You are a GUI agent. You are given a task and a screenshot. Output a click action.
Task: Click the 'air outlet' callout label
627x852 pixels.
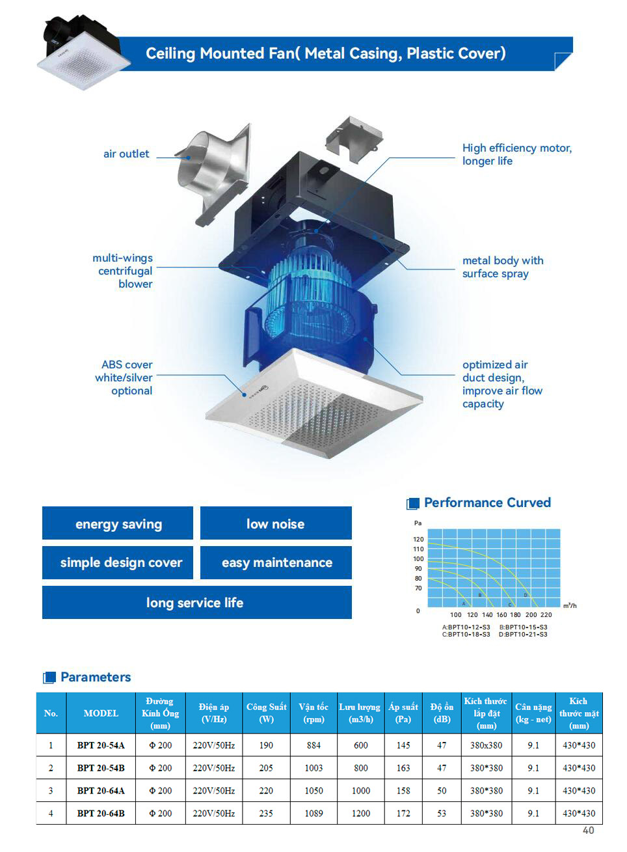click(126, 154)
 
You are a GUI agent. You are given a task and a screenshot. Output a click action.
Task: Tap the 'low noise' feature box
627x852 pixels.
click(275, 524)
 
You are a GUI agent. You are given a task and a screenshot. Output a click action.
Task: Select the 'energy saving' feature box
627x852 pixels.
click(118, 524)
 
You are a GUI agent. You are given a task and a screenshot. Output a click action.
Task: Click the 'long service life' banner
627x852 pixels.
click(196, 603)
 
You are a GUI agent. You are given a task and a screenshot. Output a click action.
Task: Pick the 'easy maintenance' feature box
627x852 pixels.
click(276, 562)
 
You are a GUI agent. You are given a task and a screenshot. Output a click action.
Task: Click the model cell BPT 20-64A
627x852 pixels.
click(101, 791)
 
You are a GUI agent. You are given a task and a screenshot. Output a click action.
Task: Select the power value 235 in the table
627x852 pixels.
click(266, 814)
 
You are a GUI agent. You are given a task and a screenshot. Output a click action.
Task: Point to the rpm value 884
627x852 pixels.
click(313, 745)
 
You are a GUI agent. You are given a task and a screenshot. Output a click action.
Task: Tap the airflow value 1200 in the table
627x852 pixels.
click(361, 814)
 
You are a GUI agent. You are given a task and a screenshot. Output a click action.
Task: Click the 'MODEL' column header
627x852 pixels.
click(101, 713)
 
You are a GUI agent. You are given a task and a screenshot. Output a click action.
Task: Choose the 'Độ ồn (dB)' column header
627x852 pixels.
click(442, 713)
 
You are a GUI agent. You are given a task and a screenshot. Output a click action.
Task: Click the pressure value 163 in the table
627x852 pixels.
click(403, 768)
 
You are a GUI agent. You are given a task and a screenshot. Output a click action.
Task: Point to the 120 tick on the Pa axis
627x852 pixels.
click(418, 540)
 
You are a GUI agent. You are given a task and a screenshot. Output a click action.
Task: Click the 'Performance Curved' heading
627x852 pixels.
click(487, 502)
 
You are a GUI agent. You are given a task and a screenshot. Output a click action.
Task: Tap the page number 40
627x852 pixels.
click(588, 831)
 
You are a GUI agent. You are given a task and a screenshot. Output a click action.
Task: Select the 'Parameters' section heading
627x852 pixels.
click(96, 677)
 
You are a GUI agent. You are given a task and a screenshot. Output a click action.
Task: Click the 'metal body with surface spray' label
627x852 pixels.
click(503, 267)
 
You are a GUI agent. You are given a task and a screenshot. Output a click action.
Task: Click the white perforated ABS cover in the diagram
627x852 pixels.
click(312, 410)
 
